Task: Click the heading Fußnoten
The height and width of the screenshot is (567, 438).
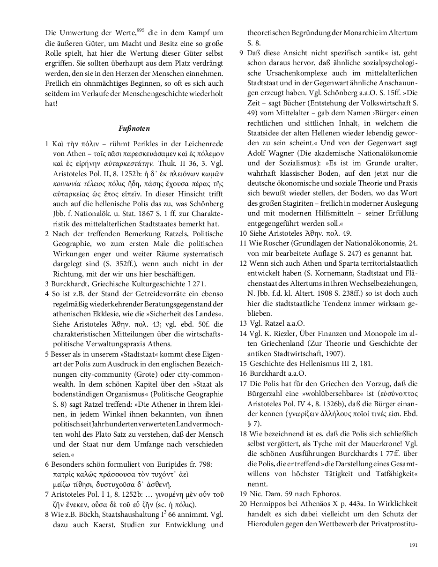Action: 134,127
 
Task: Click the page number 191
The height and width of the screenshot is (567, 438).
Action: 413,545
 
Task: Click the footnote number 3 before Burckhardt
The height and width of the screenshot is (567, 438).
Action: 47,283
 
